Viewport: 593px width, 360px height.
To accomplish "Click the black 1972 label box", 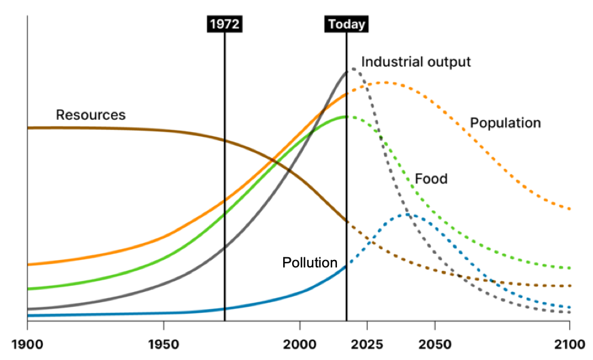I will coord(225,24).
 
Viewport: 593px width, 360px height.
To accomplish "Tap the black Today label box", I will coord(347,24).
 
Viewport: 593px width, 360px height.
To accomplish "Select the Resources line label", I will coord(91,115).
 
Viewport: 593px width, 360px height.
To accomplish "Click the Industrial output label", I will coord(415,62).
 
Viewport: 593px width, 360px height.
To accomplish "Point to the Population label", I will coord(505,123).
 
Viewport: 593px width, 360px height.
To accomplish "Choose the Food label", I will coord(431,179).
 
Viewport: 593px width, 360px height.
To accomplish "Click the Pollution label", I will coord(310,263).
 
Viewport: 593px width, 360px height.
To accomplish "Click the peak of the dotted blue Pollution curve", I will coord(409,215).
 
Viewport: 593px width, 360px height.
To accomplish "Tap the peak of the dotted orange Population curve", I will coord(385,82).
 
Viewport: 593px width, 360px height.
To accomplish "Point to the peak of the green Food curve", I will coord(346,116).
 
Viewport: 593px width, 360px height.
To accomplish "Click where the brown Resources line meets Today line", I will coord(347,221).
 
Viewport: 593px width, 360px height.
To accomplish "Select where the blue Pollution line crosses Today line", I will coord(347,266).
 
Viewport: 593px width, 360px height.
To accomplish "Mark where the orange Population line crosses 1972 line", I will coord(225,200).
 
